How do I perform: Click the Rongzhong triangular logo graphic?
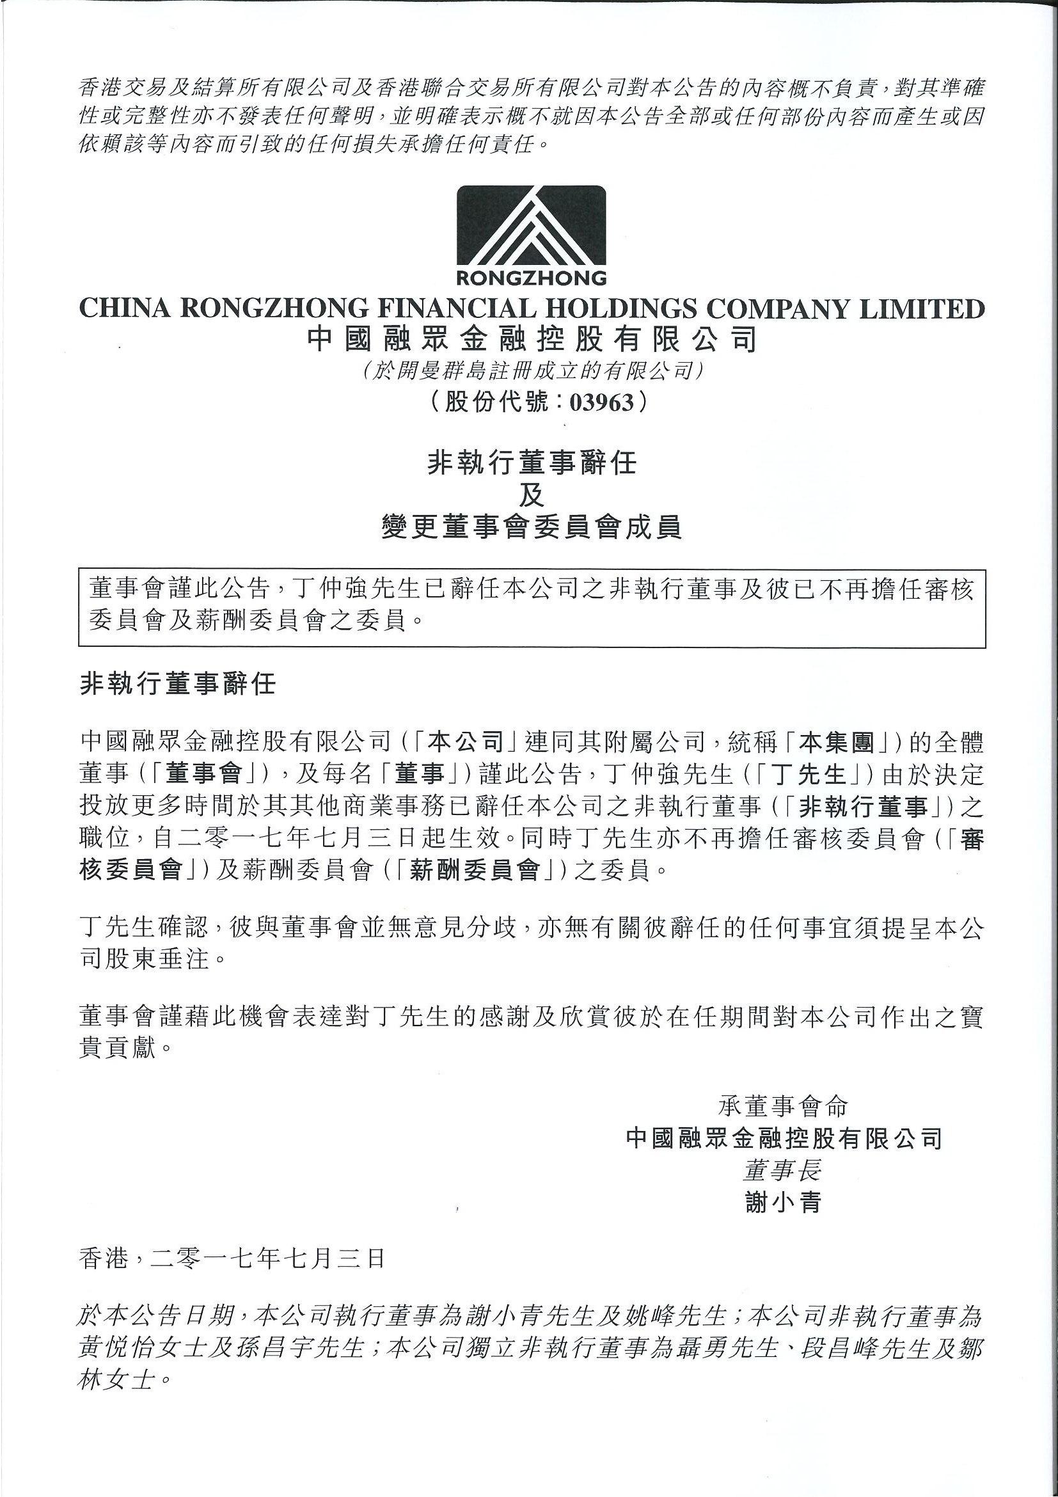pyautogui.click(x=531, y=225)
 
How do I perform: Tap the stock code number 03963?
pyautogui.click(x=602, y=402)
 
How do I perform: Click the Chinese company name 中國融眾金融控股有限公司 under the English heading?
pyautogui.click(x=532, y=340)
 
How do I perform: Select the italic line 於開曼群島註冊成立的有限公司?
pyautogui.click(x=532, y=371)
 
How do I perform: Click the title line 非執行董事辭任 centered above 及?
pyautogui.click(x=532, y=464)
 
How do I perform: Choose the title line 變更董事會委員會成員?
pyautogui.click(x=532, y=527)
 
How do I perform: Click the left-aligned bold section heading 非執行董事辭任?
pyautogui.click(x=178, y=684)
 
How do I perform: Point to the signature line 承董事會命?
pyautogui.click(x=783, y=1106)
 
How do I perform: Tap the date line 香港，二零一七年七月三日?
pyautogui.click(x=232, y=1258)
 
